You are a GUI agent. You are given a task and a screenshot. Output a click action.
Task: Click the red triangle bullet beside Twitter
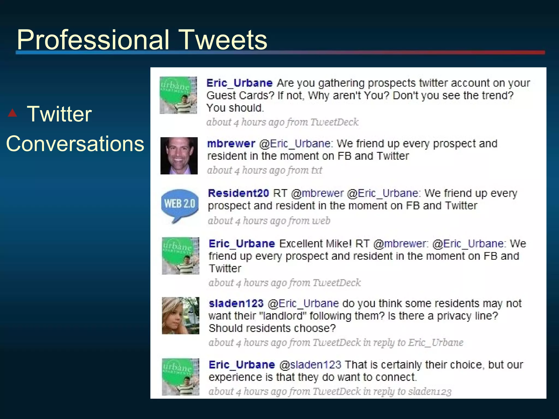coord(13,113)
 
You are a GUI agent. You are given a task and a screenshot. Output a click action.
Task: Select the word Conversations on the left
coord(75,143)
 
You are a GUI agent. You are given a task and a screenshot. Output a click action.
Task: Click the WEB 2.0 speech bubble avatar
coord(179,205)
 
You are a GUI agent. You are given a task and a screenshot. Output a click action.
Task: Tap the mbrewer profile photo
coord(179,156)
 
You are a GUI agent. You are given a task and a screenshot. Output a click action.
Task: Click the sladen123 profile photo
coord(180,316)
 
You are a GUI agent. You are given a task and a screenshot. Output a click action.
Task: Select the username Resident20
coord(238,193)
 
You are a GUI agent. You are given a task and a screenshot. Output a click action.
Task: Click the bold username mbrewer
coord(231,143)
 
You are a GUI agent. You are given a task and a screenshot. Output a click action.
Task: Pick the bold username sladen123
coord(236,303)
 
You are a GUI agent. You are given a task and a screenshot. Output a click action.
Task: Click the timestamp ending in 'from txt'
coord(264,170)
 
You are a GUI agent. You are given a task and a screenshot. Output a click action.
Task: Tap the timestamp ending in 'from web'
coord(269,220)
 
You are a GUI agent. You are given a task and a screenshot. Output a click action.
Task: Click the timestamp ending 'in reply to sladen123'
coord(330,391)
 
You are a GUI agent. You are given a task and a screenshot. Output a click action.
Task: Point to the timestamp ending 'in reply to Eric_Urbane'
coord(336,342)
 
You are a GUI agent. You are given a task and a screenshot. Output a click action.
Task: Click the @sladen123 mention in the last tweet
coord(310,365)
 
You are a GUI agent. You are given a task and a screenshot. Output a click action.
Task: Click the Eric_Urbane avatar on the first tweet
coord(178,95)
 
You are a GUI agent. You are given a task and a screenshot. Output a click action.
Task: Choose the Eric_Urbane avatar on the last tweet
coord(180,377)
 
